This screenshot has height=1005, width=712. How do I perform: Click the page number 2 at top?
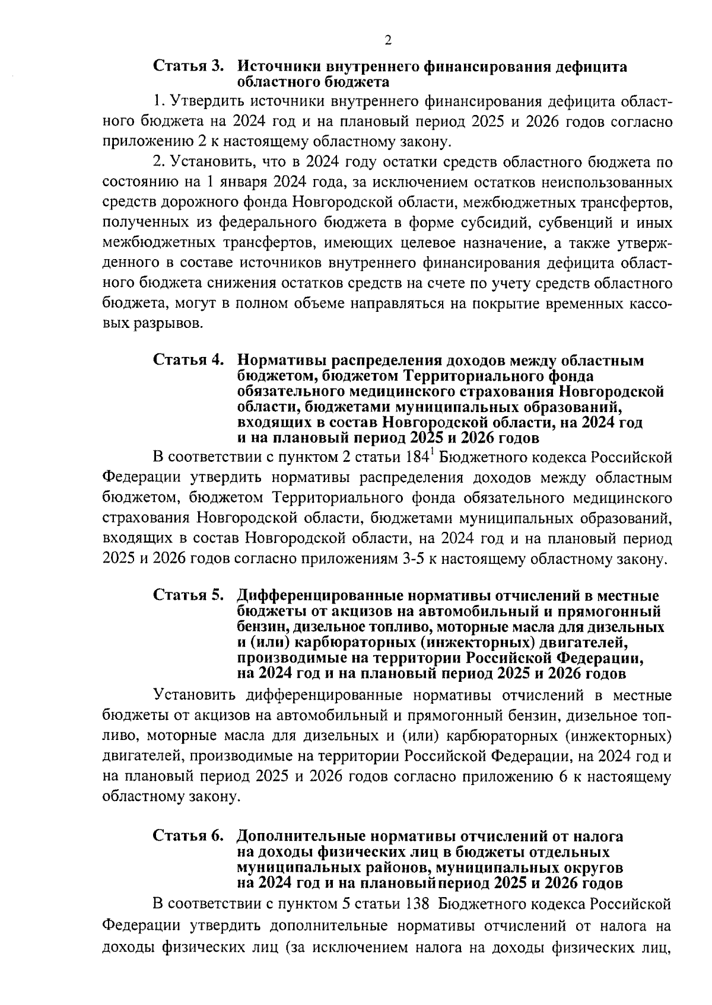tap(387, 40)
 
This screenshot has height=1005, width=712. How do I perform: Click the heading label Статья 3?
tap(189, 66)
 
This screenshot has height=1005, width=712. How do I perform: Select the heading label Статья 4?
tap(189, 360)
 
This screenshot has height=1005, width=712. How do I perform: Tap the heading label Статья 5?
tap(189, 595)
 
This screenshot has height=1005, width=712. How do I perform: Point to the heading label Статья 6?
tap(189, 836)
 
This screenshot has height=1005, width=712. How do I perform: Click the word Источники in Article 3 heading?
tap(277, 66)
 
